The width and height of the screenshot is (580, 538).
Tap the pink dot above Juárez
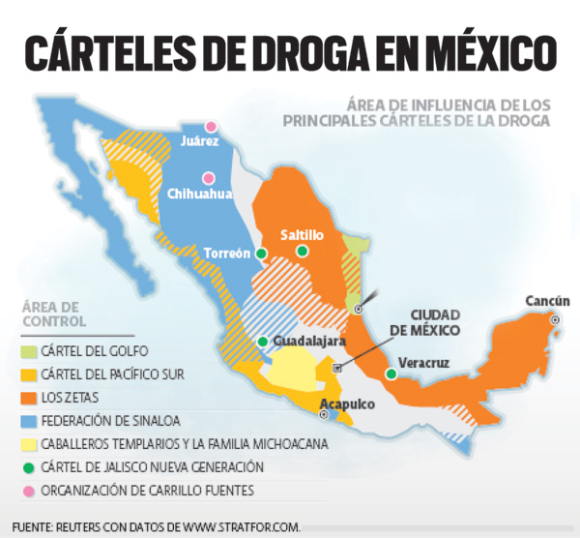(x=210, y=126)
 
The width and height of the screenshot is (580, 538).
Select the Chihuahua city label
(x=200, y=194)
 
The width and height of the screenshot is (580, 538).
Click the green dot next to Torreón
(x=261, y=254)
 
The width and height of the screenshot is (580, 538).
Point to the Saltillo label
(x=302, y=235)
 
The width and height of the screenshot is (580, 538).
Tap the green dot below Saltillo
(x=302, y=252)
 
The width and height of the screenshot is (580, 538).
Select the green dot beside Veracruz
(x=391, y=374)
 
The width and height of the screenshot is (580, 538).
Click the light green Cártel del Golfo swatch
(x=31, y=351)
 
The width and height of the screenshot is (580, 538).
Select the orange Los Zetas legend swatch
(x=31, y=398)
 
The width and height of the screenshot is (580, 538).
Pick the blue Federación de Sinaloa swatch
(x=31, y=421)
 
